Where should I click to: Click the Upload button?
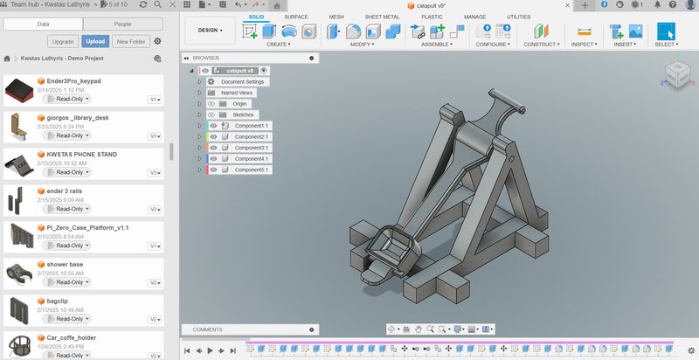[x=94, y=41]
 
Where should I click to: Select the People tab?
[x=122, y=24]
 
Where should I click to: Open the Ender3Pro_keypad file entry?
[x=74, y=81]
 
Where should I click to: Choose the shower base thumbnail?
[x=19, y=273]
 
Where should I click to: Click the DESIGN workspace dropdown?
[x=210, y=30]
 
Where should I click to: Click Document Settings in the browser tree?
[x=244, y=81]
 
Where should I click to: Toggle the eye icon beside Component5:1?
[x=213, y=170]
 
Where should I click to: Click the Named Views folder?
[x=237, y=93]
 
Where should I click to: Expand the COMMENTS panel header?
[x=208, y=329]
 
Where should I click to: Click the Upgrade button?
[x=63, y=41]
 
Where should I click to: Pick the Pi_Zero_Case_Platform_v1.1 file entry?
[x=83, y=227]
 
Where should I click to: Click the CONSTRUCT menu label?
[x=542, y=44]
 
